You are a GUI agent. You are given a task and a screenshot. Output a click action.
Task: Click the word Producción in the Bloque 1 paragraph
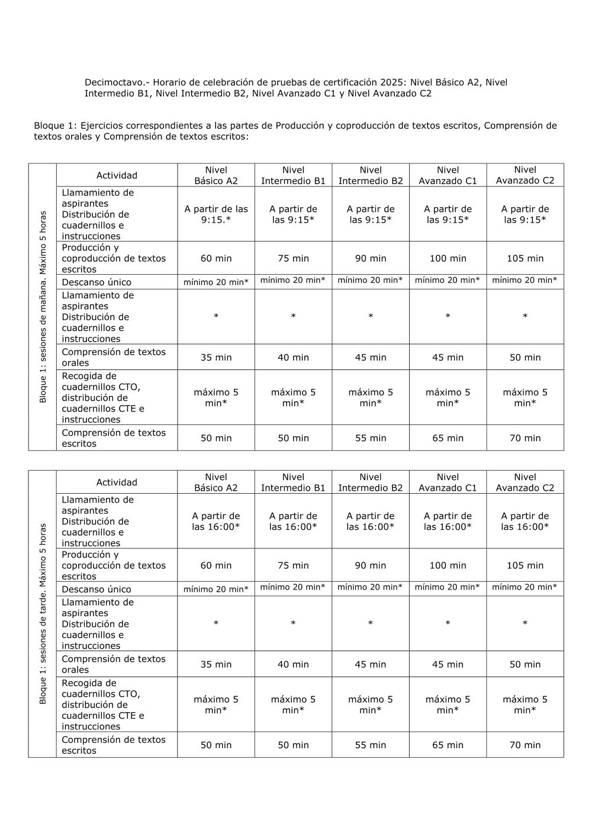pos(299,125)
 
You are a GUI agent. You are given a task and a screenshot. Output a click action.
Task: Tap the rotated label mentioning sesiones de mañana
pos(43,307)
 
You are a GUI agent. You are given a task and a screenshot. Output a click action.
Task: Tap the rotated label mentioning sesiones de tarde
pos(43,613)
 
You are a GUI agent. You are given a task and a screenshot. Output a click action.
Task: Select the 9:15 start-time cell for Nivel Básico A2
pos(216,214)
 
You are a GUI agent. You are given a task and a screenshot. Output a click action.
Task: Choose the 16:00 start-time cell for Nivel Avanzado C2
pos(525,521)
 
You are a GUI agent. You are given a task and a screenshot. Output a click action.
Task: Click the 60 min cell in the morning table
pos(216,258)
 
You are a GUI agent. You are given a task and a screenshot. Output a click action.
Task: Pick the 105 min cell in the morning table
pos(525,258)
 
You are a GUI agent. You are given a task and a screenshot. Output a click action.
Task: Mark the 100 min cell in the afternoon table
pos(448,565)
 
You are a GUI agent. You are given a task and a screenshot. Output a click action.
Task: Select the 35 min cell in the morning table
pos(216,358)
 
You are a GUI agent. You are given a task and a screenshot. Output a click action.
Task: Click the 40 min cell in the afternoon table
pos(293,664)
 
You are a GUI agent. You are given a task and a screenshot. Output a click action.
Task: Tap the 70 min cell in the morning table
pos(525,438)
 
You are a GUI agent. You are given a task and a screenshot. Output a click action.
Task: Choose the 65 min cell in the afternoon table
pos(448,745)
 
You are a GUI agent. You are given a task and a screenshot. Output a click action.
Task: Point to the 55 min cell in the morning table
pos(371,438)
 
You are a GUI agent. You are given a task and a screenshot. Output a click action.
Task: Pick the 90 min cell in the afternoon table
pos(370,565)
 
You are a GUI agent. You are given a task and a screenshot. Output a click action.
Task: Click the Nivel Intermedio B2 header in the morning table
pos(371,175)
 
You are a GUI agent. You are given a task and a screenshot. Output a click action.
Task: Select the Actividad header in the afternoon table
pos(117,482)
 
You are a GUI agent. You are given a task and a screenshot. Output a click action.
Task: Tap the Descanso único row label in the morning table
pos(96,282)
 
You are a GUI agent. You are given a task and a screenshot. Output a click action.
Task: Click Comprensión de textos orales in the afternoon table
pos(114,664)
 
